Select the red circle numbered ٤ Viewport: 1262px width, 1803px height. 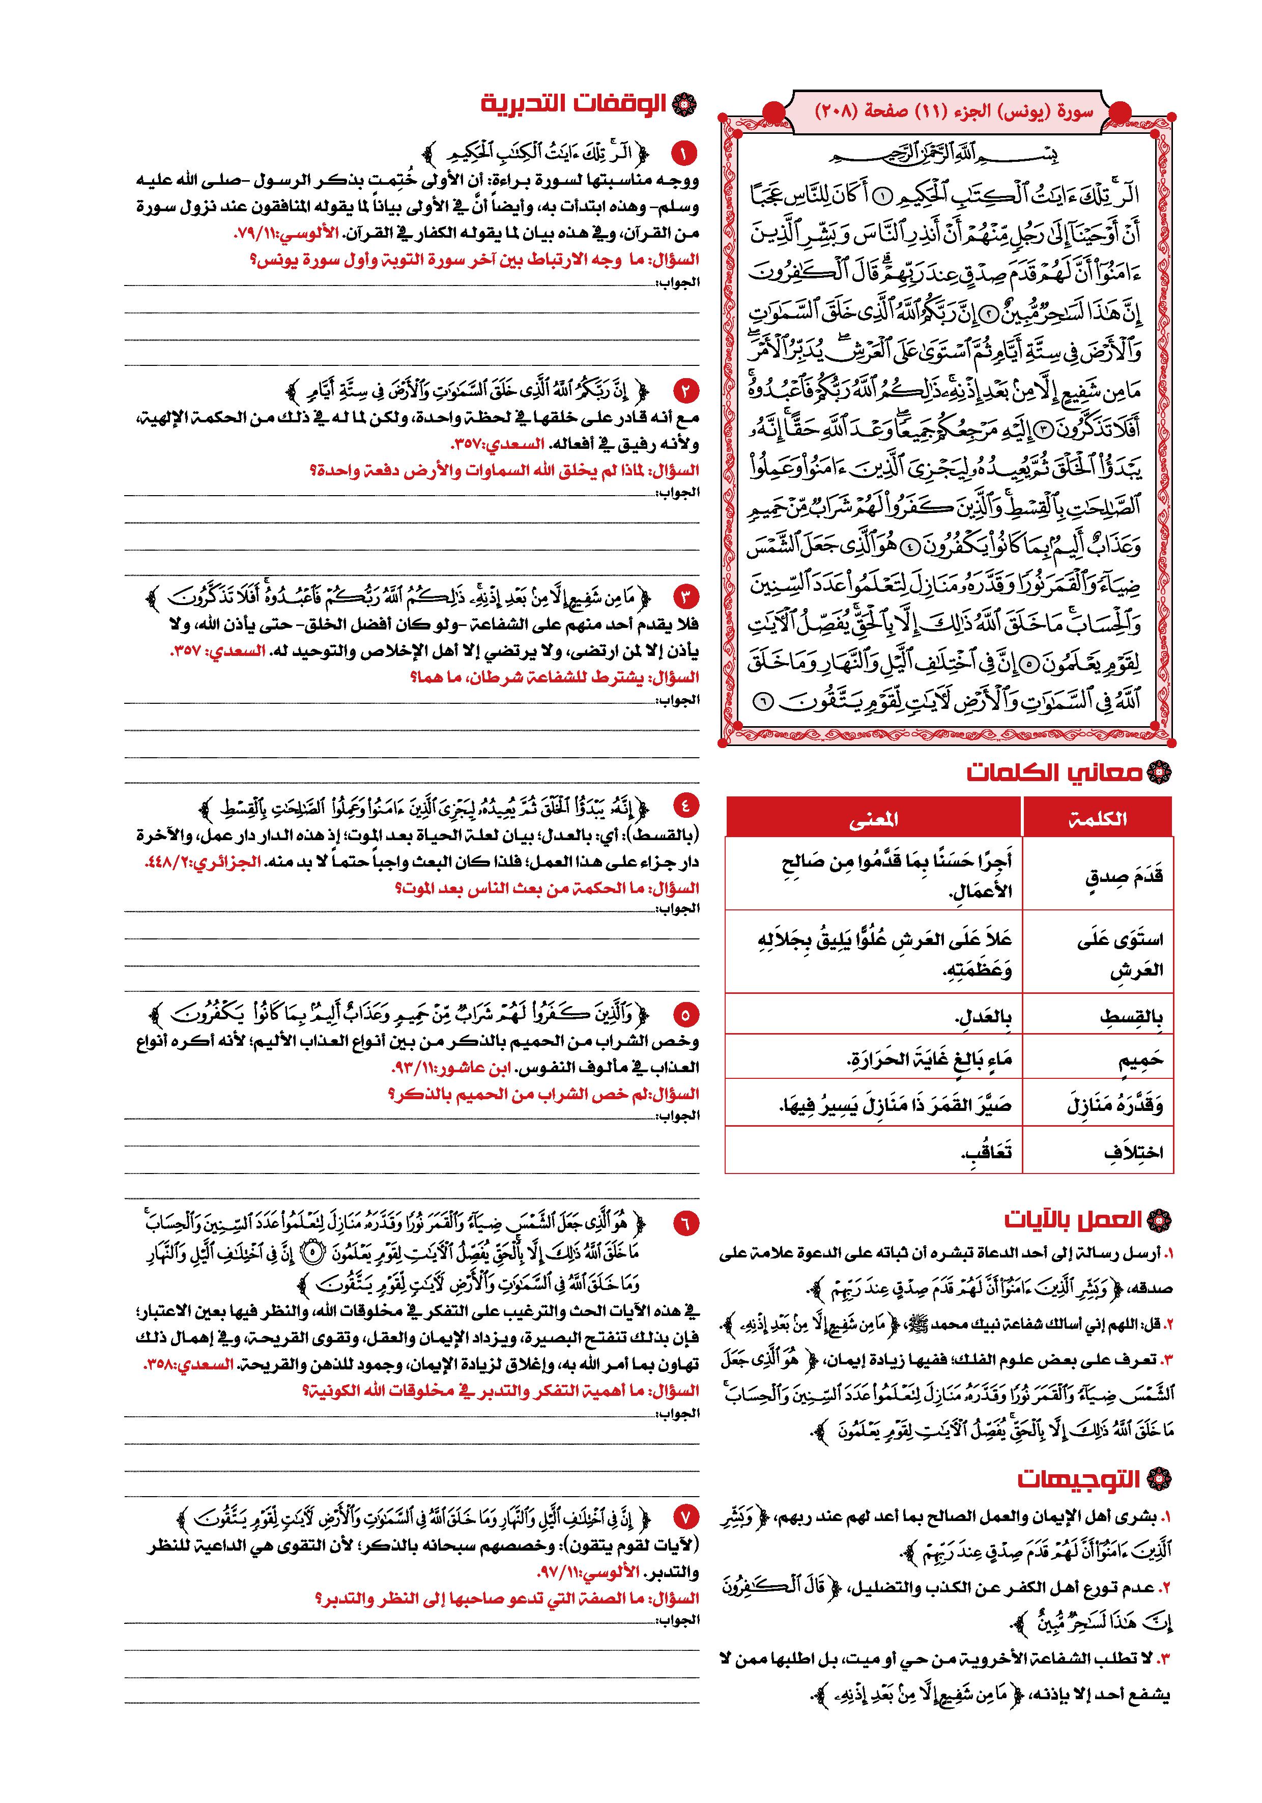coord(684,804)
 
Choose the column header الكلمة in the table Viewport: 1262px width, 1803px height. coord(1097,819)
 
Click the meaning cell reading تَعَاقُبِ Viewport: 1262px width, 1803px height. coord(986,1153)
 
